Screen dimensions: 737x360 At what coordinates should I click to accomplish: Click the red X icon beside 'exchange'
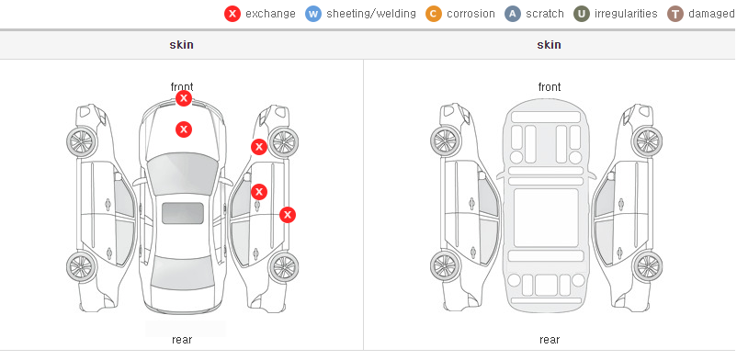point(232,14)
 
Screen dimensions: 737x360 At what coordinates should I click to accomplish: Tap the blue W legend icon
point(313,14)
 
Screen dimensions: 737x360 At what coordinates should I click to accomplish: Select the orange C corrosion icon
point(434,14)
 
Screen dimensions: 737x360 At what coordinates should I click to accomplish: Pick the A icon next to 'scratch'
point(513,14)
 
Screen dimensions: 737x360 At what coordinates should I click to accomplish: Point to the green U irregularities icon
point(582,14)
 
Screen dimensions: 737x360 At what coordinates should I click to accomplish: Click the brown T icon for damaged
point(675,14)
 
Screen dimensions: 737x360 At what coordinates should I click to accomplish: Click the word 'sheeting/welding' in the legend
point(371,14)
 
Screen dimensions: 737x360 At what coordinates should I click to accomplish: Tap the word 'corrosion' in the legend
point(471,14)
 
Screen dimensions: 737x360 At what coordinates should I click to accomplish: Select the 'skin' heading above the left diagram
point(181,45)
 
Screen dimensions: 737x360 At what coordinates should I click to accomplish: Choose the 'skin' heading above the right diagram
point(549,45)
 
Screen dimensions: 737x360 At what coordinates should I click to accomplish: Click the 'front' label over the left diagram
point(182,87)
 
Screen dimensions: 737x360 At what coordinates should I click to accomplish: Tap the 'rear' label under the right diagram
point(550,339)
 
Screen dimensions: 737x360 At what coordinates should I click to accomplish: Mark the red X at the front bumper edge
point(184,98)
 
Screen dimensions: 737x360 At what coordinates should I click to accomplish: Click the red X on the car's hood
point(184,129)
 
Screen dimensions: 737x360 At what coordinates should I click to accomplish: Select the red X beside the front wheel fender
point(258,147)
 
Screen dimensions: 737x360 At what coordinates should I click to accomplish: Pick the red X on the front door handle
point(259,192)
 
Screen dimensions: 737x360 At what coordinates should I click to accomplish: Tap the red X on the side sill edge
point(288,215)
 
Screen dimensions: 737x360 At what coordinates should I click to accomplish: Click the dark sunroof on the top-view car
point(183,213)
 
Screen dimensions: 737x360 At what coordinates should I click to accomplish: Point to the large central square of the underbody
point(546,218)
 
